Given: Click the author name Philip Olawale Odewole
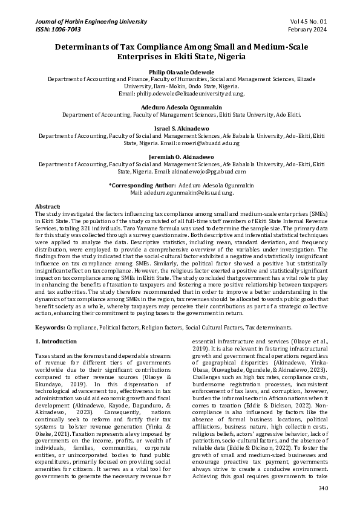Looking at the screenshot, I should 180,71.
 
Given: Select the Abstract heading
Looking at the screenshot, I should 48,207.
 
